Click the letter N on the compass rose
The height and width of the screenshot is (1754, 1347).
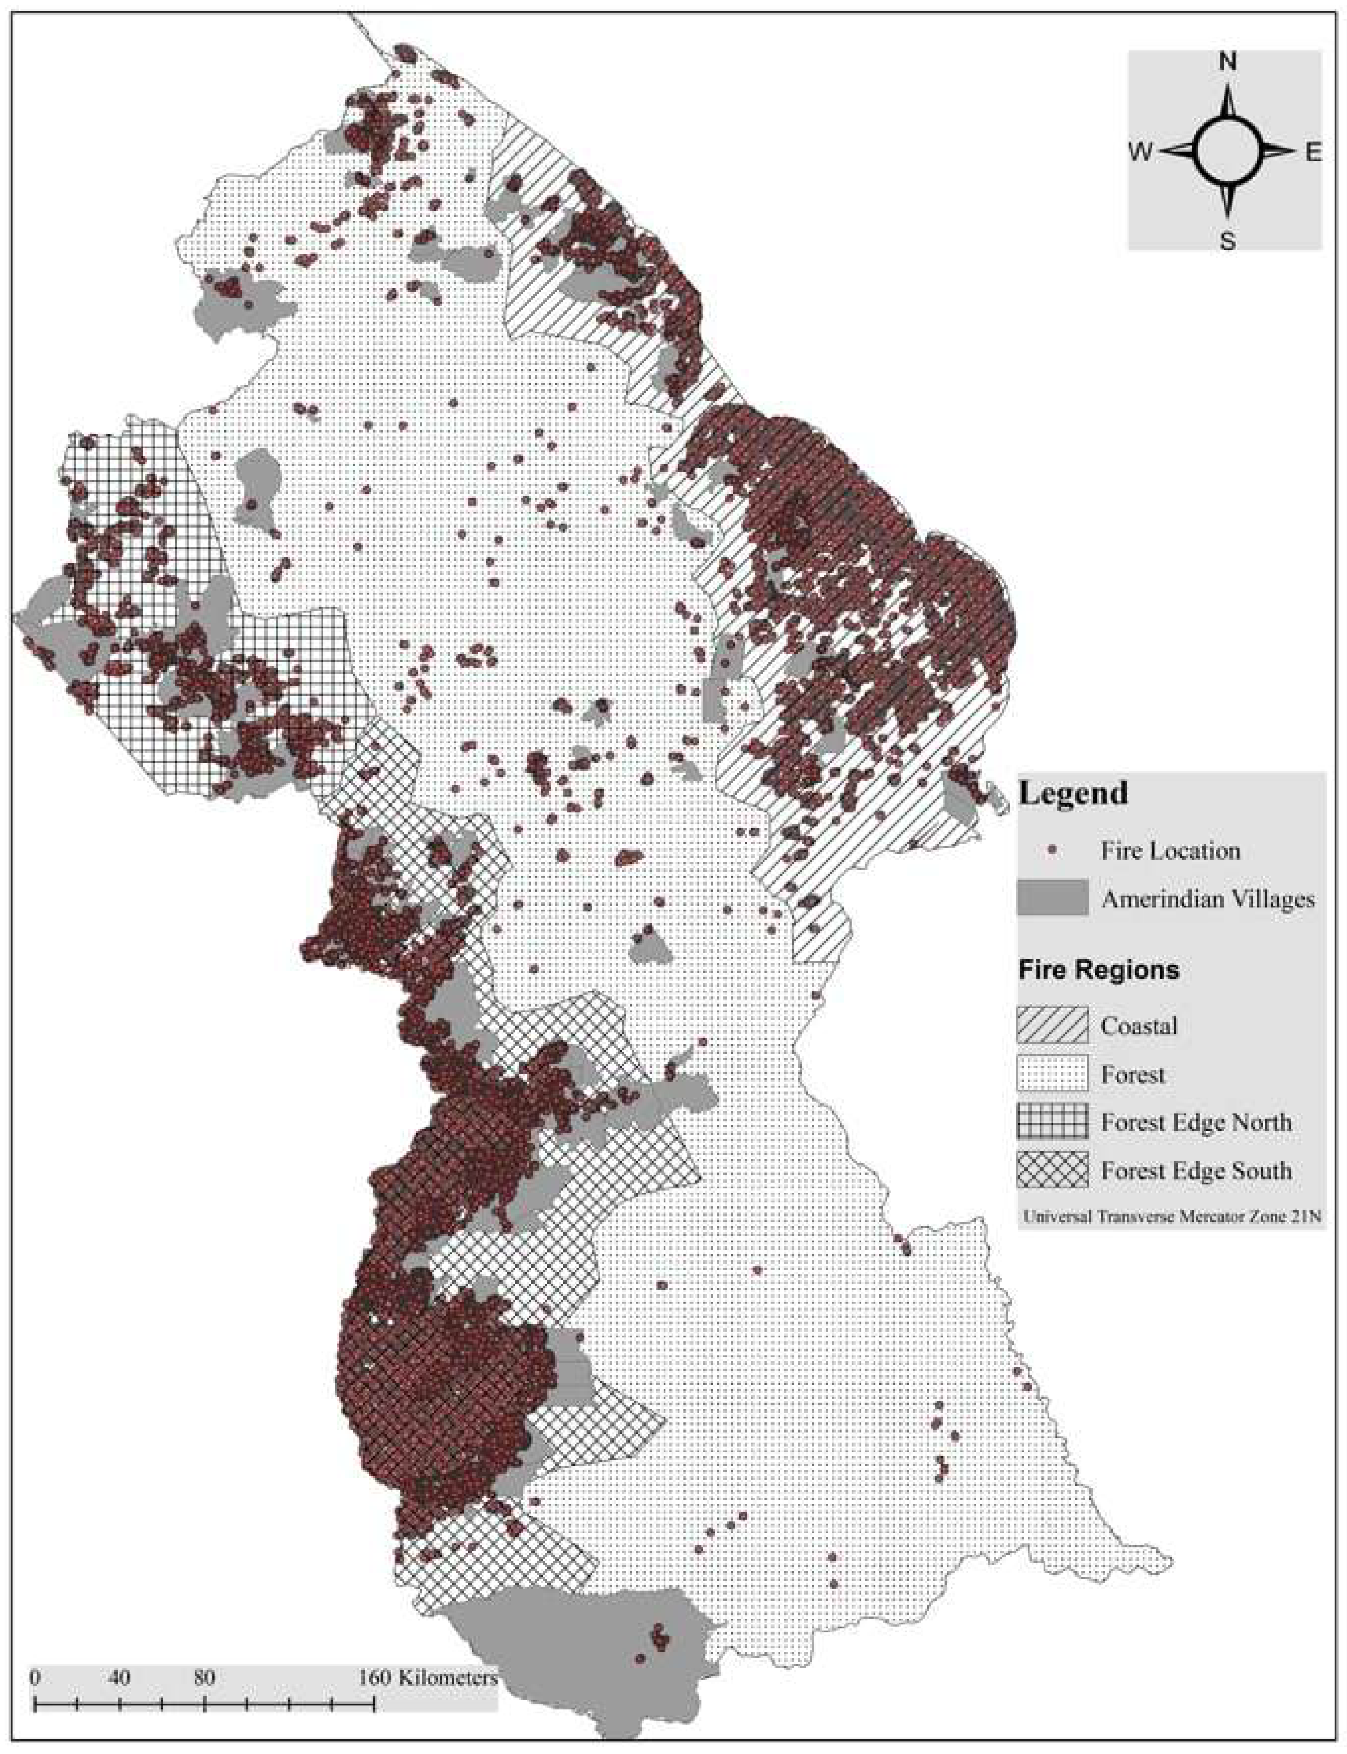[1227, 62]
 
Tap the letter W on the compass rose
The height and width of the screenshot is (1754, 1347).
[1141, 152]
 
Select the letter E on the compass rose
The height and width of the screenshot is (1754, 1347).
[1313, 152]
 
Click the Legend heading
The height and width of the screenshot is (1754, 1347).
[1072, 793]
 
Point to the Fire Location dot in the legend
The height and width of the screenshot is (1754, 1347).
[1052, 850]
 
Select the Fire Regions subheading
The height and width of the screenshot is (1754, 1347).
[1098, 970]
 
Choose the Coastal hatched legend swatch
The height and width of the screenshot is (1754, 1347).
[1052, 1026]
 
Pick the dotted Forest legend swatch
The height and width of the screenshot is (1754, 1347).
[1052, 1074]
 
